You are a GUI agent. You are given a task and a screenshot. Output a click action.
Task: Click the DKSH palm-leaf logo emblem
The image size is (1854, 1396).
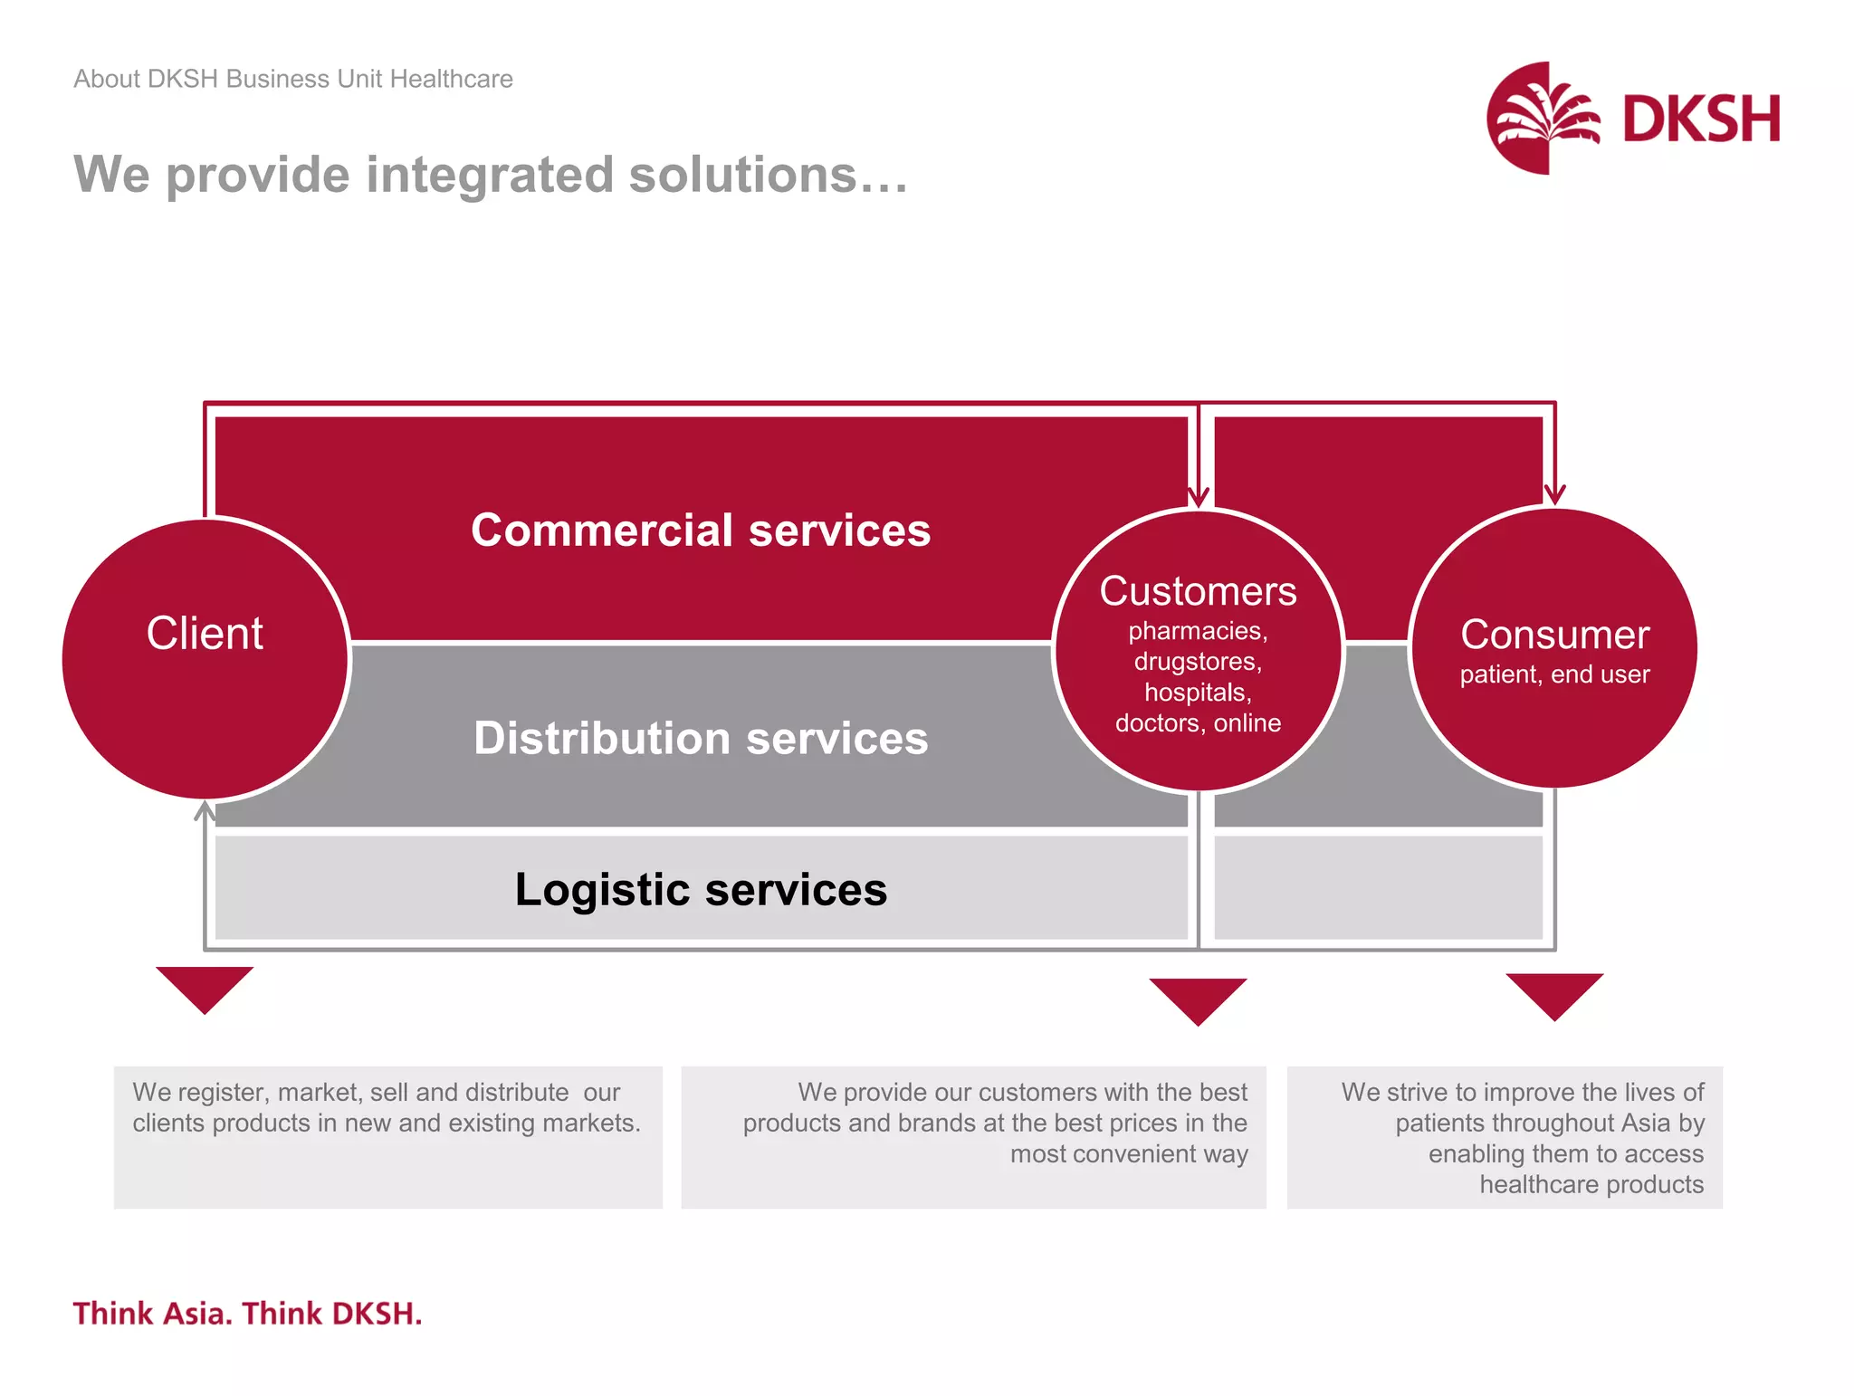[x=1543, y=118]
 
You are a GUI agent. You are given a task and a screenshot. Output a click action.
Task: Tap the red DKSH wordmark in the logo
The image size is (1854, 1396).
[x=1701, y=119]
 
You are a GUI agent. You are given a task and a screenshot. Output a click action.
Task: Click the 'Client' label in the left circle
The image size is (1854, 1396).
[x=205, y=633]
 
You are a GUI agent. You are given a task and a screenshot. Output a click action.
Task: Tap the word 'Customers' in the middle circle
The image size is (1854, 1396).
[x=1198, y=591]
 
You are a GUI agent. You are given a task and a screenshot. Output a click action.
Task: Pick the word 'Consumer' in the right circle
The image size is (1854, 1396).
[x=1554, y=635]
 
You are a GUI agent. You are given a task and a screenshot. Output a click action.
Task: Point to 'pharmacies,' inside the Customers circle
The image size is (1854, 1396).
[x=1198, y=631]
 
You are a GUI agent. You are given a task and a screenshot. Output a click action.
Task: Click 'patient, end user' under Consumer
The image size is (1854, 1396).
[x=1554, y=674]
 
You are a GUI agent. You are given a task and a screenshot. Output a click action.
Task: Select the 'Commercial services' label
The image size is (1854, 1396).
[x=701, y=530]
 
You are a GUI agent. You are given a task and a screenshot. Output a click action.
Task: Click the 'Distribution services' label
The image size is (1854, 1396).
[x=701, y=738]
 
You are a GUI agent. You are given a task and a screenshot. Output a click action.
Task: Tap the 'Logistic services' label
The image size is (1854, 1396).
[x=701, y=889]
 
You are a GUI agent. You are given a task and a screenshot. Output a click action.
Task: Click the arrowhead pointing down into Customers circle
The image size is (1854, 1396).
[x=1198, y=497]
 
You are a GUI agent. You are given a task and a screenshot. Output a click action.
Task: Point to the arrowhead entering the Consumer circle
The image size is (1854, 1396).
[x=1554, y=494]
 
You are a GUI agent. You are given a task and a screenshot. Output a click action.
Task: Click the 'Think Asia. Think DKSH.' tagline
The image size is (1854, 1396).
[x=247, y=1313]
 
